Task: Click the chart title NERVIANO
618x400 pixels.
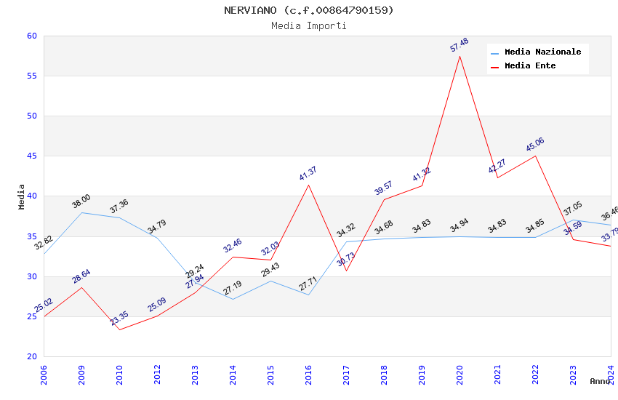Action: [x=308, y=10]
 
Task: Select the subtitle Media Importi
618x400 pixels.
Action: [x=308, y=26]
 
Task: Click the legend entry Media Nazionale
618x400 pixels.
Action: [x=542, y=52]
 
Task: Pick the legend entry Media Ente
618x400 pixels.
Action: [x=530, y=66]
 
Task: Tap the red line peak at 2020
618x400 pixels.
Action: [x=460, y=56]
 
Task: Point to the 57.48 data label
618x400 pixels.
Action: [x=460, y=45]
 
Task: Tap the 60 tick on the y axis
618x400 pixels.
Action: [x=31, y=36]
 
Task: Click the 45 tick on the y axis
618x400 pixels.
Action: [x=31, y=156]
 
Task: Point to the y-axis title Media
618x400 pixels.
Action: [x=22, y=196]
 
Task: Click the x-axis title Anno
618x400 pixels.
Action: [x=600, y=381]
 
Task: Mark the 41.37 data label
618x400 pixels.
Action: [x=308, y=174]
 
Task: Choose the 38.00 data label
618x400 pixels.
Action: [x=81, y=201]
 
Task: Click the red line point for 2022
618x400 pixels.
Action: [x=535, y=156]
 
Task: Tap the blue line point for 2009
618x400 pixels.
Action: [x=81, y=212]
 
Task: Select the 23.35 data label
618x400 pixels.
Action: [x=119, y=318]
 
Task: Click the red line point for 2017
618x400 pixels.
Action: [x=346, y=271]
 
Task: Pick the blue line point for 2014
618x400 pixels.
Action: [x=233, y=299]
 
